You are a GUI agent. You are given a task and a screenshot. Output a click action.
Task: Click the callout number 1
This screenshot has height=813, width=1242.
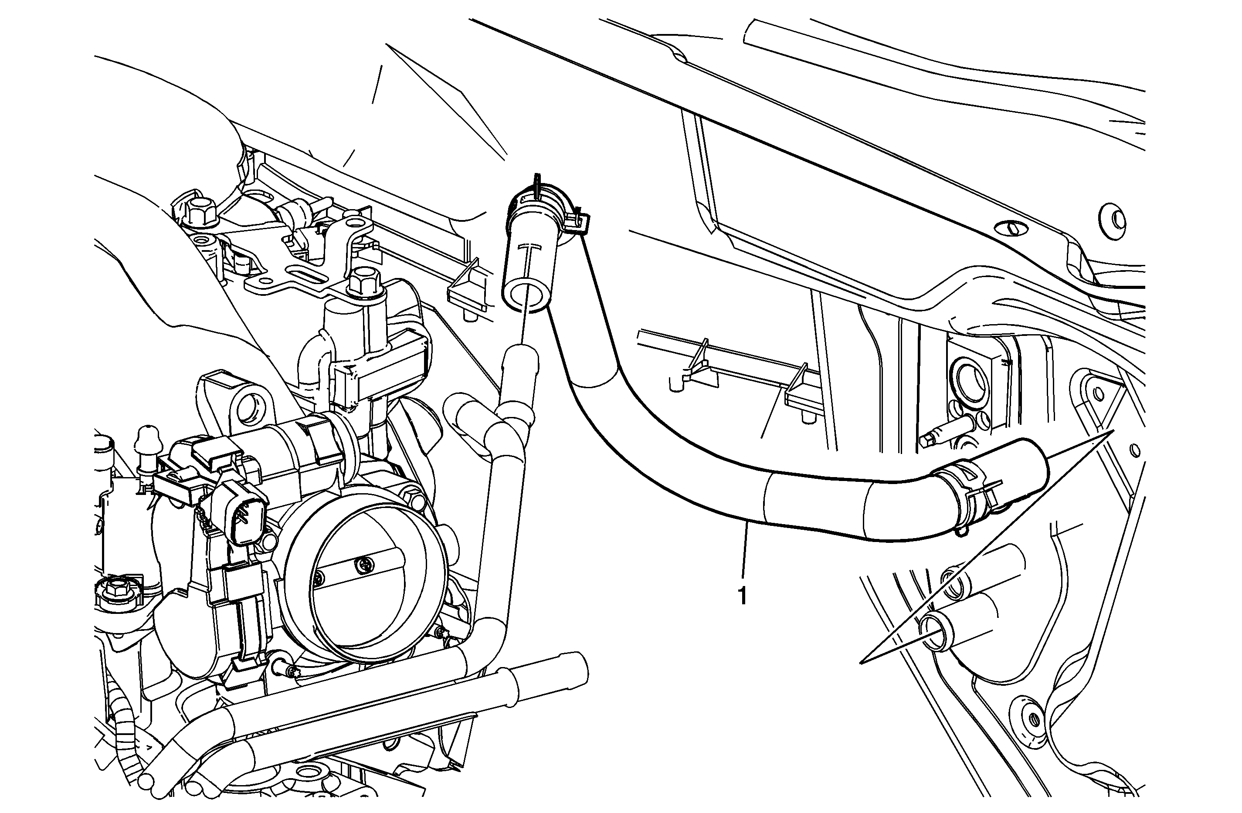click(x=742, y=596)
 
